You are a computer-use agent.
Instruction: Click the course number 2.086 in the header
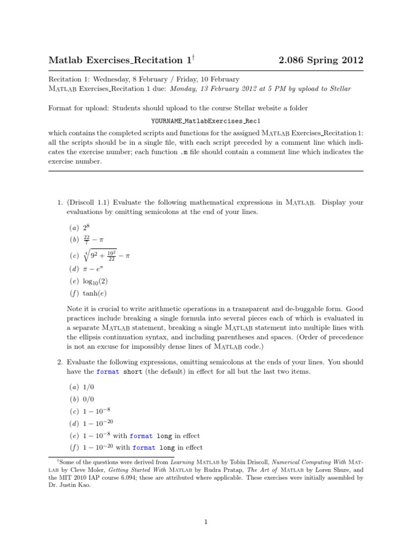pyautogui.click(x=294, y=60)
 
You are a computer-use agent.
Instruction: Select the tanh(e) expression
pyautogui.click(x=94, y=293)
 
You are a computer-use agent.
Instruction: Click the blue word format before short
pyautogui.click(x=108, y=372)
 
